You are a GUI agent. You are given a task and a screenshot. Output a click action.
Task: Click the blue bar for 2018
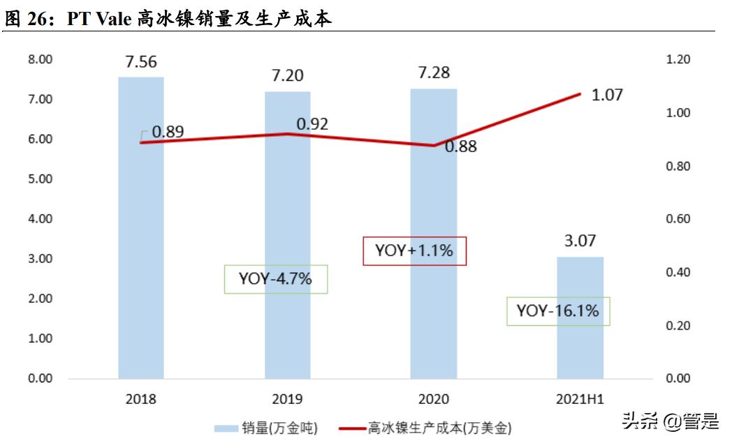pos(140,230)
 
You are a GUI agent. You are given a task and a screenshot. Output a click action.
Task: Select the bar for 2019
pos(287,237)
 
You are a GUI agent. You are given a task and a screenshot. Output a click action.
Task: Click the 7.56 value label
pos(140,62)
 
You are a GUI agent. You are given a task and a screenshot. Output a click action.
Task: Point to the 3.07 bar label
pos(580,241)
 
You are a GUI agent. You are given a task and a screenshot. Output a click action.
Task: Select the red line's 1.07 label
pos(606,95)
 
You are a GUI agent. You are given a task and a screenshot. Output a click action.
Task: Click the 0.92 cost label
pos(312,124)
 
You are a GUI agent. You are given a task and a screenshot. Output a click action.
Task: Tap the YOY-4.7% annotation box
pos(275,279)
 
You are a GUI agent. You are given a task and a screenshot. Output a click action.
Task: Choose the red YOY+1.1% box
pos(414,250)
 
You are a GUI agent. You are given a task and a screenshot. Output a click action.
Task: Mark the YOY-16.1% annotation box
pos(557,311)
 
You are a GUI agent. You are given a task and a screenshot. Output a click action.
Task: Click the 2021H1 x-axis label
pos(580,400)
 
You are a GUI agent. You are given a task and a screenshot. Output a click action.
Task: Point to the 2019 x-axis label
pos(287,400)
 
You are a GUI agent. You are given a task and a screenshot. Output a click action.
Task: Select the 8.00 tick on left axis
pos(39,60)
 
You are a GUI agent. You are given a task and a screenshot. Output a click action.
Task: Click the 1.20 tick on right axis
pos(679,60)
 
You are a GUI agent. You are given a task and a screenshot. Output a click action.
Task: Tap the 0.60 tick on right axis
pos(679,219)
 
